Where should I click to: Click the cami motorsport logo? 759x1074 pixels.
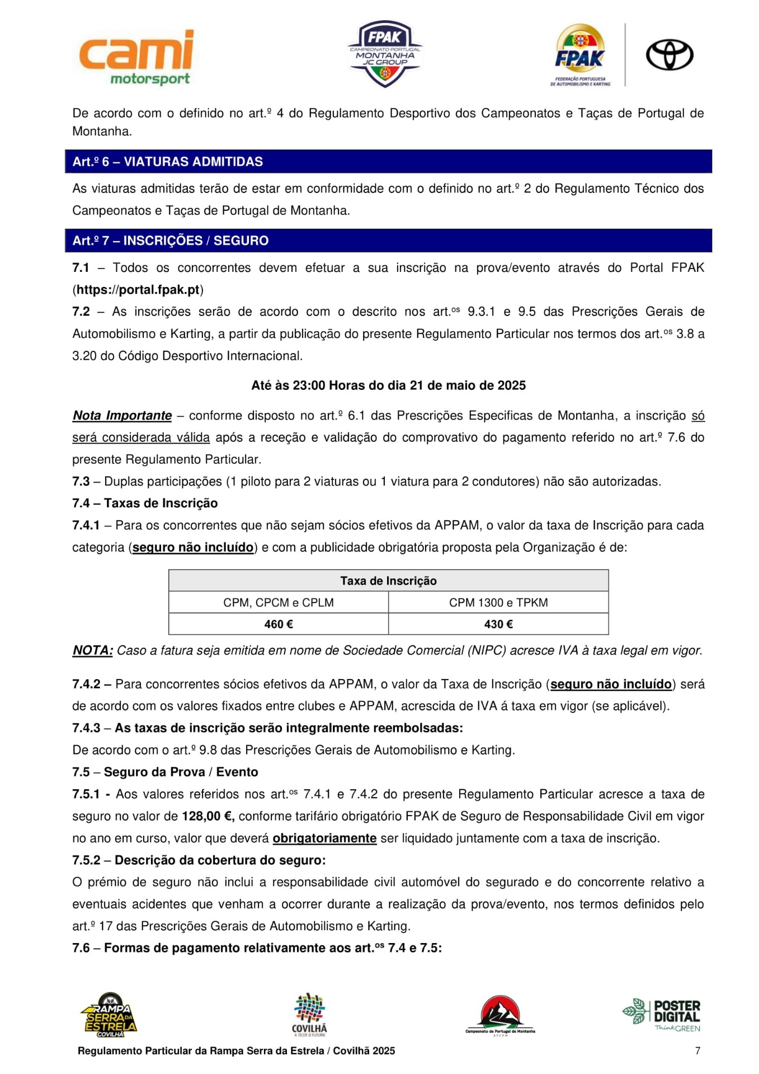point(137,58)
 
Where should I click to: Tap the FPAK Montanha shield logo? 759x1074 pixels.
point(384,54)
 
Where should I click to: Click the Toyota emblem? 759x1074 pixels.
point(669,55)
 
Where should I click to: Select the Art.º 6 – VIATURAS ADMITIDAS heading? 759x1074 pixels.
point(167,162)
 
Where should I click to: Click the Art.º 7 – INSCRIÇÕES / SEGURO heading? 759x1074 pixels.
point(170,241)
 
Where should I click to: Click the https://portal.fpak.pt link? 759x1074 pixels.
point(138,290)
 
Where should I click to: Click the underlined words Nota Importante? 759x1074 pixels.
point(122,416)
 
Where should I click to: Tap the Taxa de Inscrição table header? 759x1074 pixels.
point(388,581)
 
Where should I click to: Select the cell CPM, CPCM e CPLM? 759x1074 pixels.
point(279,602)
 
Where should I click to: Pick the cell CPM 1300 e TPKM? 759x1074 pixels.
point(498,602)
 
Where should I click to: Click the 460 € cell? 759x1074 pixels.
point(279,624)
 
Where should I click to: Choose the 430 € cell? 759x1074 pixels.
point(498,624)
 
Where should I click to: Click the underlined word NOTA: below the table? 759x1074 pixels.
point(93,651)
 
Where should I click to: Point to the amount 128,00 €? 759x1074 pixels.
point(208,816)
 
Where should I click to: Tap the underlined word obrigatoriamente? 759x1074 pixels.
point(324,839)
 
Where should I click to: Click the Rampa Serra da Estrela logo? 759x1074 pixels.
point(109,1015)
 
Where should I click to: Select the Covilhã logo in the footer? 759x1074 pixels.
point(309,1015)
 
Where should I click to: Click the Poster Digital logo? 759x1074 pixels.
point(662,1015)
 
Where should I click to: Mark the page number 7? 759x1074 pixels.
point(697,1051)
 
